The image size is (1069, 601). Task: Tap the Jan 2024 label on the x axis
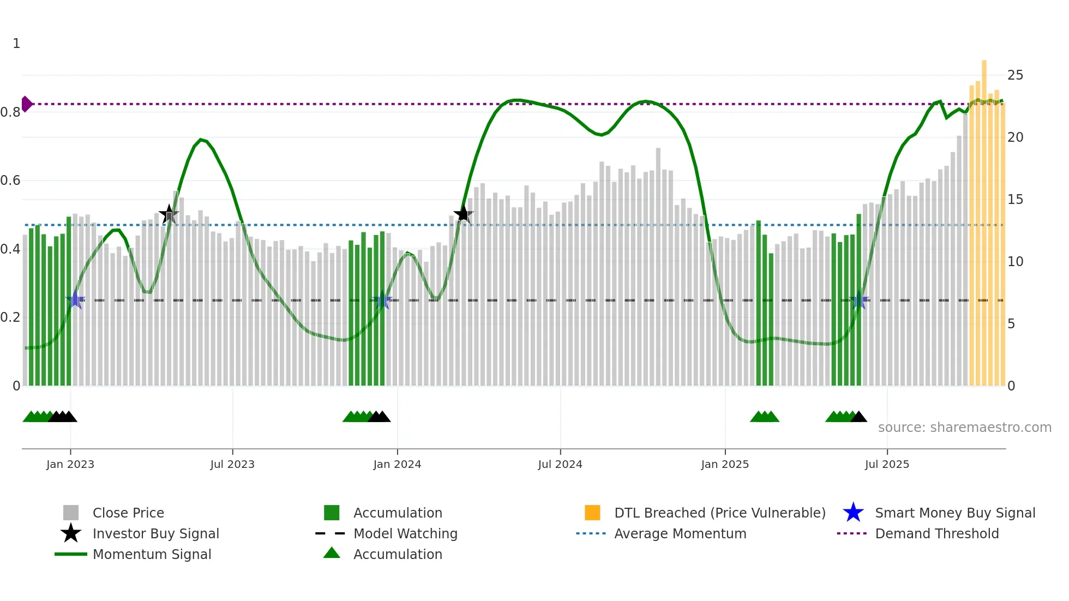(397, 464)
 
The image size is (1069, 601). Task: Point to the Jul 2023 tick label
(232, 464)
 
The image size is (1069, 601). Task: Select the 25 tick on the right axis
(1015, 75)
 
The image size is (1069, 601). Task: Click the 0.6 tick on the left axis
(11, 181)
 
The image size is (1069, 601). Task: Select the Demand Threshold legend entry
(936, 533)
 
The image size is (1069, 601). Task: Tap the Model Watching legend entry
(405, 533)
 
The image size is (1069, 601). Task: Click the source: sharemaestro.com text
(964, 428)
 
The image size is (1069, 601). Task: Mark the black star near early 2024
(463, 214)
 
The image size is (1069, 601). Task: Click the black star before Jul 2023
(169, 214)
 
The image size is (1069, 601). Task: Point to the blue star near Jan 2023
(75, 300)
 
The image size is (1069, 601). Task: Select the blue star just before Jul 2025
(859, 300)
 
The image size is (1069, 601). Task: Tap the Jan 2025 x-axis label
(725, 464)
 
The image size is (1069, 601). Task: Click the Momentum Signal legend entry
(151, 554)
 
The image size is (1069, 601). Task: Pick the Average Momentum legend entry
(680, 533)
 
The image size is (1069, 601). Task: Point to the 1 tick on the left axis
(16, 44)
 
